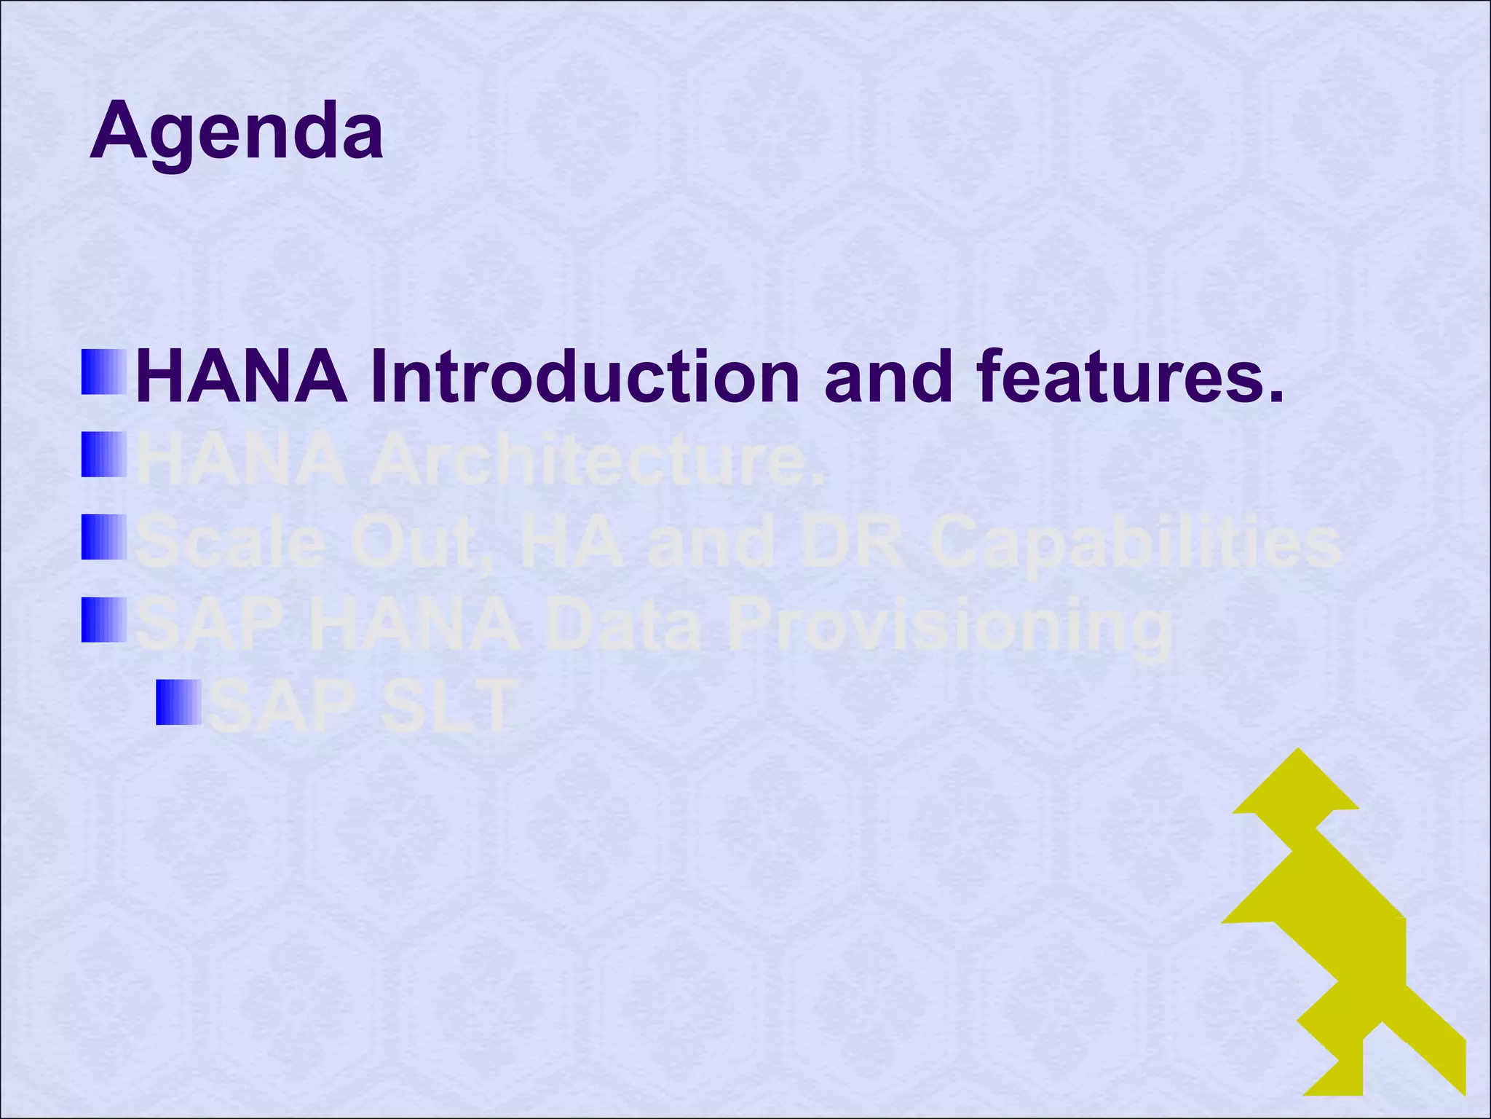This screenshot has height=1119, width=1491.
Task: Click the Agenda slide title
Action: pyautogui.click(x=237, y=132)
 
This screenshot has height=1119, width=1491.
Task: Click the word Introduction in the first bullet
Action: pyautogui.click(x=585, y=377)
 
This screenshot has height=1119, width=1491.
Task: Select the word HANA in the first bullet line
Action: pyautogui.click(x=242, y=377)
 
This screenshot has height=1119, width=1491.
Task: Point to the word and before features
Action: pyautogui.click(x=888, y=377)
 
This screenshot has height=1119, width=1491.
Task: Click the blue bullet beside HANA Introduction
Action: pyautogui.click(x=104, y=372)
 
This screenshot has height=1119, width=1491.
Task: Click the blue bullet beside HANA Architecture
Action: pyautogui.click(x=104, y=455)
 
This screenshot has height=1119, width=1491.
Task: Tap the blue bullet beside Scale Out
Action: pyautogui.click(x=104, y=538)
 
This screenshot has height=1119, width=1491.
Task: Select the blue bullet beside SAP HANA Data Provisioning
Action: pyautogui.click(x=104, y=621)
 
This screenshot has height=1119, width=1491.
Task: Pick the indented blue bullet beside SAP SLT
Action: pyautogui.click(x=179, y=703)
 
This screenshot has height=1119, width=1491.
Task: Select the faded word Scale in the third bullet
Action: pyautogui.click(x=230, y=543)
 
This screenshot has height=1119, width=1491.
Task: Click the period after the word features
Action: pyautogui.click(x=1273, y=397)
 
